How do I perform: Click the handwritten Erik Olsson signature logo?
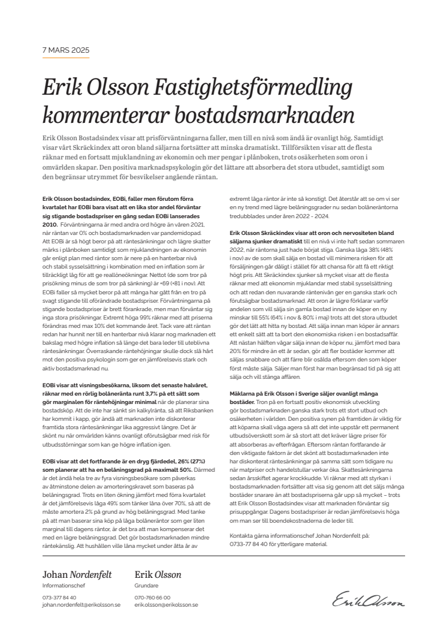pyautogui.click(x=369, y=599)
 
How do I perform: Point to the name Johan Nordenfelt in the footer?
pyautogui.click(x=77, y=575)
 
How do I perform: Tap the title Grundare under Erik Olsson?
pyautogui.click(x=147, y=585)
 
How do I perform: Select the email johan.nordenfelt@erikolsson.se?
pyautogui.click(x=81, y=605)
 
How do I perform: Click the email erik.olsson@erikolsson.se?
pyautogui.click(x=166, y=605)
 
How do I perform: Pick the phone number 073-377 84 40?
pyautogui.click(x=59, y=598)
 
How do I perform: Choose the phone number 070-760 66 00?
pyautogui.click(x=152, y=598)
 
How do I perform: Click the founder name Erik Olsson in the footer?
pyautogui.click(x=158, y=575)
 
